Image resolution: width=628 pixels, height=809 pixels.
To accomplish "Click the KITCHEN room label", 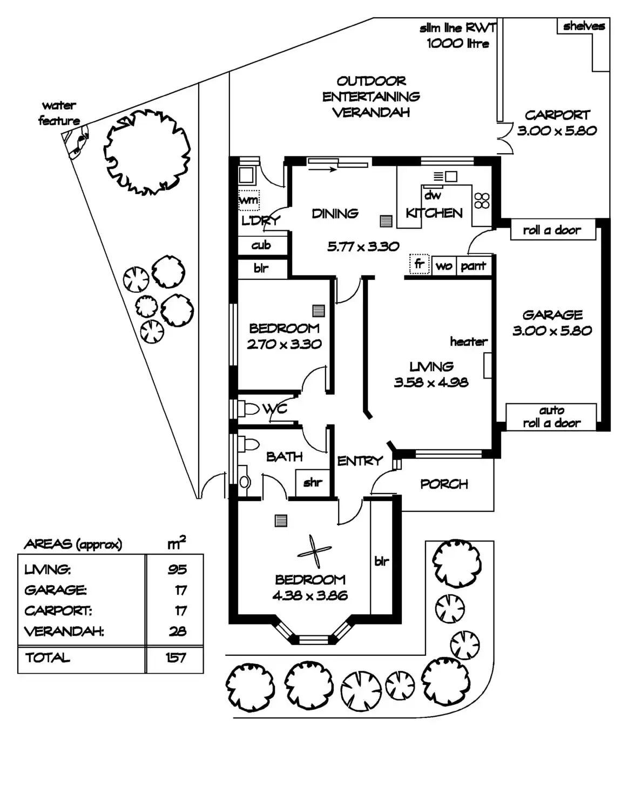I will coord(434,213).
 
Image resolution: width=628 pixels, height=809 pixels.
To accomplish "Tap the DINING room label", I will coord(335,214).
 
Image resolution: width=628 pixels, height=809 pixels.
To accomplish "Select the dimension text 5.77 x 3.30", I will coord(363,246).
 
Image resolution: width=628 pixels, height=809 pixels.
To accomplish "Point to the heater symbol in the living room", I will coord(488,365).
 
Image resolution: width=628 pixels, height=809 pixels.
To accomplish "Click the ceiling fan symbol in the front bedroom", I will coord(314,551).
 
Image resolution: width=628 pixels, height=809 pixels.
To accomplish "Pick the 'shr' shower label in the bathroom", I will coord(312,482).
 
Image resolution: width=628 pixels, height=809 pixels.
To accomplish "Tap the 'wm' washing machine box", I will coord(248,200).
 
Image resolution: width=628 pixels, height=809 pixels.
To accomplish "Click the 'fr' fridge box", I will coord(419,264).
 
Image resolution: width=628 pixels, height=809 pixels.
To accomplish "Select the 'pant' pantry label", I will coord(473,265).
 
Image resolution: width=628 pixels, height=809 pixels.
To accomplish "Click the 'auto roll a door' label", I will coord(551,417).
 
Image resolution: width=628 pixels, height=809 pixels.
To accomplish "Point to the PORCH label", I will coord(444,484).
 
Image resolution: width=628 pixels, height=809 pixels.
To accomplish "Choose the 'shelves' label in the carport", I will coord(584,26).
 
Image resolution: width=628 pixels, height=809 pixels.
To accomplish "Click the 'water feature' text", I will coord(59,113).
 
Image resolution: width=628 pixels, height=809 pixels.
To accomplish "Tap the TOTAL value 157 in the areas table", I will coord(176,657).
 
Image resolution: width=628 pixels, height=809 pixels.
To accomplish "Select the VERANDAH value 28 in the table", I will coord(177,631).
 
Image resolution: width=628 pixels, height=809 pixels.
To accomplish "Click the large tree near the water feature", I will coord(147,152).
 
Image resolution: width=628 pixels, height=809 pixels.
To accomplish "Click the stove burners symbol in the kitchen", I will coord(482,201).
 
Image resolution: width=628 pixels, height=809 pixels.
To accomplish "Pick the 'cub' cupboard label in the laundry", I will coord(261,245).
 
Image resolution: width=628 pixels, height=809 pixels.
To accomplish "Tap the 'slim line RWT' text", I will coord(457,28).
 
